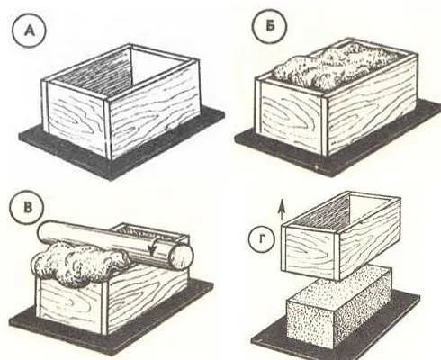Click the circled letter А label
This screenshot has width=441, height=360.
[x=29, y=31]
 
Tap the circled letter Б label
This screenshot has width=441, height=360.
[x=270, y=27]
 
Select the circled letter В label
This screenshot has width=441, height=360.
[x=27, y=208]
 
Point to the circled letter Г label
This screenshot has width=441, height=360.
[x=262, y=239]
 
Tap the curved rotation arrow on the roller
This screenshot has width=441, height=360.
[x=155, y=248]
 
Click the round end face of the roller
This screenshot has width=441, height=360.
[x=181, y=256]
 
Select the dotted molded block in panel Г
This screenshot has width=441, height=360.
[x=339, y=308]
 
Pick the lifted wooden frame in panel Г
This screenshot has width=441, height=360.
[x=340, y=236]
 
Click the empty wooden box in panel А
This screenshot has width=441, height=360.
[x=121, y=101]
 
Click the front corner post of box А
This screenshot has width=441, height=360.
[x=108, y=129]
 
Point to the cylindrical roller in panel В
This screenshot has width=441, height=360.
[x=115, y=245]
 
